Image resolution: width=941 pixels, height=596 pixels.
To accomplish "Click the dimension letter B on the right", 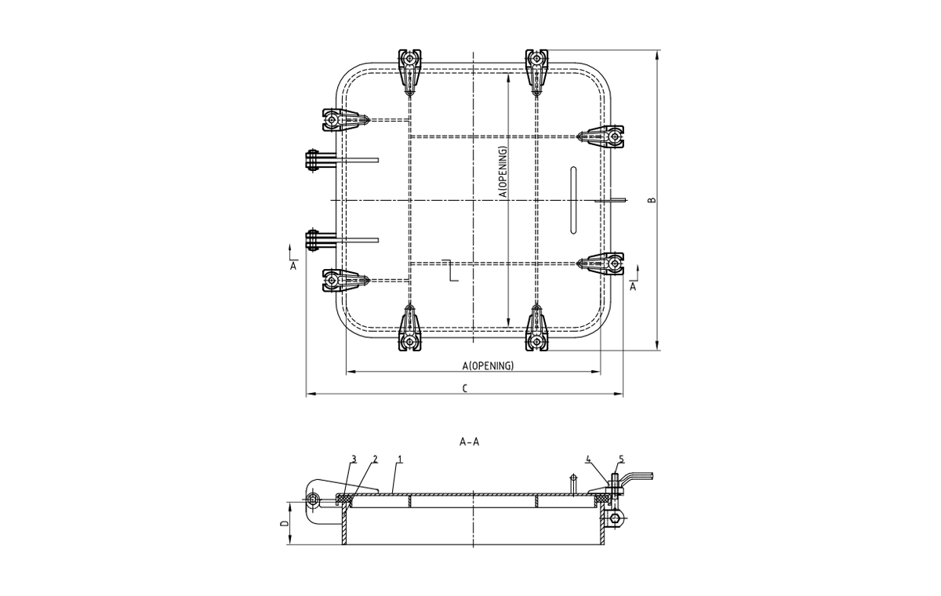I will pyautogui.click(x=652, y=200).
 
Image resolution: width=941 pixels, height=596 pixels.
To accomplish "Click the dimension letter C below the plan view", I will pyautogui.click(x=465, y=387).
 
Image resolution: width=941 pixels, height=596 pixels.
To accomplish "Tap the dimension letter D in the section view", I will pyautogui.click(x=285, y=523).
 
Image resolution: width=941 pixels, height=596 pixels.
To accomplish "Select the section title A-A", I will pyautogui.click(x=469, y=442).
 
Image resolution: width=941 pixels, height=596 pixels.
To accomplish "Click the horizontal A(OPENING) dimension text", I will pyautogui.click(x=488, y=365).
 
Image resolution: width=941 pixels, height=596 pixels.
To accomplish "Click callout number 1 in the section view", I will pyautogui.click(x=399, y=459).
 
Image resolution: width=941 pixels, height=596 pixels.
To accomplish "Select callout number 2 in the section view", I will pyautogui.click(x=375, y=459).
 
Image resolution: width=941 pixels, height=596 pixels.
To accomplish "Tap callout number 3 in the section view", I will pyautogui.click(x=354, y=459).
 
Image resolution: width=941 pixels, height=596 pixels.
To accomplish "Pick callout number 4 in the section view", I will pyautogui.click(x=587, y=459).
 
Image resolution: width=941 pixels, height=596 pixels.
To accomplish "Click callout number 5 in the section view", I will pyautogui.click(x=621, y=459).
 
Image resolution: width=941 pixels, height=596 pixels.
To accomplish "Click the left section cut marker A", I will pyautogui.click(x=293, y=266).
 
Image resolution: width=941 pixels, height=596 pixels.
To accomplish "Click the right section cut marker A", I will pyautogui.click(x=633, y=286).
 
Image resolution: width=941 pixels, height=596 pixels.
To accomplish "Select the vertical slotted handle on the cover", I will pyautogui.click(x=573, y=199).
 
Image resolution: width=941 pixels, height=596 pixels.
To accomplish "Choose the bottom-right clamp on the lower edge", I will pyautogui.click(x=537, y=330).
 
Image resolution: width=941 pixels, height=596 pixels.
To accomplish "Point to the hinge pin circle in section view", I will pyautogui.click(x=314, y=500).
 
